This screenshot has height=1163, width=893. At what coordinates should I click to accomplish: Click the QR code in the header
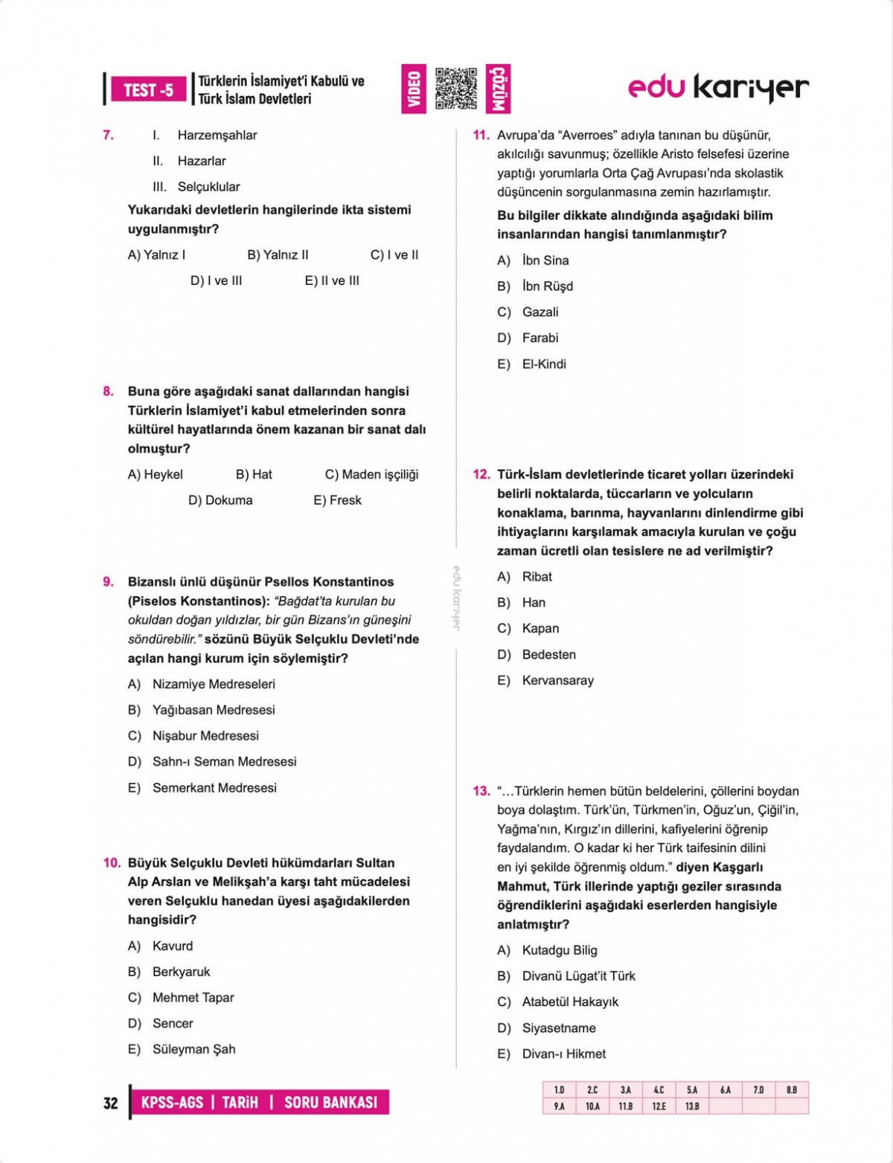[x=455, y=89]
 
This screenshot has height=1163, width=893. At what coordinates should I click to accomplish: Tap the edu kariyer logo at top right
[x=718, y=88]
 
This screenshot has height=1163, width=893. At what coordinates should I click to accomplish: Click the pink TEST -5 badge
[x=149, y=90]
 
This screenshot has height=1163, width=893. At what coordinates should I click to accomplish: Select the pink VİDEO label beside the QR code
[x=414, y=89]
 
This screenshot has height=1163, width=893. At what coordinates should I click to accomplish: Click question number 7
[x=108, y=135]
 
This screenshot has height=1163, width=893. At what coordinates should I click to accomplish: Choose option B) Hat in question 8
[x=254, y=475]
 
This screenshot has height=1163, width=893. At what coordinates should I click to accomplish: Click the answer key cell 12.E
[x=659, y=1106]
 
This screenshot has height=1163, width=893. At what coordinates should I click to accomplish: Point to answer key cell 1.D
[x=560, y=1090]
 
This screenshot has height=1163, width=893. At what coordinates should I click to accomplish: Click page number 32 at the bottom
[x=110, y=1103]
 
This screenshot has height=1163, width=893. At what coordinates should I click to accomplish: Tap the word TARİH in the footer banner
[x=240, y=1103]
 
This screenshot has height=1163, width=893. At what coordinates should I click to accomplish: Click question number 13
[x=481, y=791]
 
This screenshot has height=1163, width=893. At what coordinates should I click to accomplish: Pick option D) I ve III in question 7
[x=216, y=281]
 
